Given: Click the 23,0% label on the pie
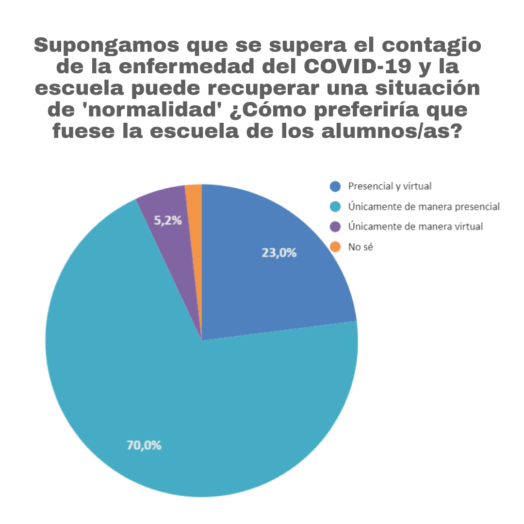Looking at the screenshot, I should pos(279,253).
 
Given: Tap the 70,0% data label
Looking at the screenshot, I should pos(144,445).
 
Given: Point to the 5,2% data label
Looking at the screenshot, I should pos(168,221).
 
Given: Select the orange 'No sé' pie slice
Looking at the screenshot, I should pos(194,204).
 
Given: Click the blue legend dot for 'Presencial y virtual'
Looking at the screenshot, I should pos(335,186).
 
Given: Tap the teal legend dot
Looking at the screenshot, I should pos(335,207).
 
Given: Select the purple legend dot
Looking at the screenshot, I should pos(335,227).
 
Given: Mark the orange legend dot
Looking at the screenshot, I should pos(335,247).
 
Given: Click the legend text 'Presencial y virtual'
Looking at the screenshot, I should pos(390,186).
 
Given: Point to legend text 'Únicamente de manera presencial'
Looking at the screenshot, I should pos(424,207).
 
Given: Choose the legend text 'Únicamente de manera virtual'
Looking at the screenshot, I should pos(415,227).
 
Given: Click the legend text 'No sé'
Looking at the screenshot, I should pos(360,247).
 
